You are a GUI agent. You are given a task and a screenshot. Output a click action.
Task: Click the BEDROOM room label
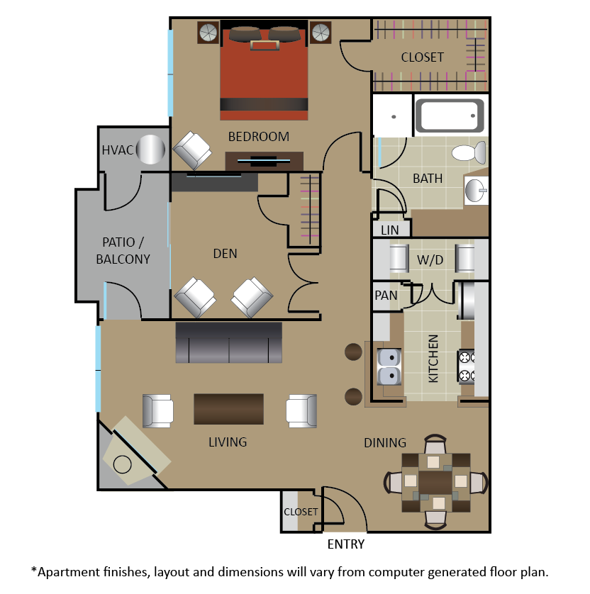[x=258, y=136]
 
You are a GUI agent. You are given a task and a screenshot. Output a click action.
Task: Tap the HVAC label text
[x=118, y=150]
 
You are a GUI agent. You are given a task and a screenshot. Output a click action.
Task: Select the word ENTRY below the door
[x=345, y=544]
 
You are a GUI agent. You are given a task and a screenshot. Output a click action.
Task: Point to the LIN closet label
[x=389, y=230]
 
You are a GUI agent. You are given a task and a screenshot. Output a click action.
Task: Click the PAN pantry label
[x=386, y=295]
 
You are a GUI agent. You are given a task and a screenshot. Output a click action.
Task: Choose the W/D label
[x=430, y=260]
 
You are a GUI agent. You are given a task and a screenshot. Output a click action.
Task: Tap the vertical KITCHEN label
[x=433, y=359]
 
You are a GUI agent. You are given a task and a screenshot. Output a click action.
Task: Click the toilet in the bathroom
[x=469, y=152]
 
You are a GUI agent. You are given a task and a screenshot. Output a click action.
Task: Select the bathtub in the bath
[x=450, y=116]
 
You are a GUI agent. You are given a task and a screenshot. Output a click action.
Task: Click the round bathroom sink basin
[x=475, y=190]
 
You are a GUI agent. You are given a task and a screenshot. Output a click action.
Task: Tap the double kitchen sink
[x=389, y=366]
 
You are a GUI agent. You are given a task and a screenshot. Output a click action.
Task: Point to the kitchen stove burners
[x=467, y=366]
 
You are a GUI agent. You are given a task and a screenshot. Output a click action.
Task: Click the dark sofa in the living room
[x=229, y=342]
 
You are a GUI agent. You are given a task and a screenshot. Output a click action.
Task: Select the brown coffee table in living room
[x=229, y=409]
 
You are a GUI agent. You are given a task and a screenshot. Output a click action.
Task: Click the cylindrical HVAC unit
[x=150, y=150]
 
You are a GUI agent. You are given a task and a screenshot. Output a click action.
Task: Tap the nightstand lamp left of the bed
[x=208, y=33]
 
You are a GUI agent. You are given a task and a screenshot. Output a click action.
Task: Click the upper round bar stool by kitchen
[x=353, y=352]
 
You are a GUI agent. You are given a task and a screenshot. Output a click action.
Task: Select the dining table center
[x=435, y=482]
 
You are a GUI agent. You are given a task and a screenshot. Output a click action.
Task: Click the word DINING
[x=385, y=442]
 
